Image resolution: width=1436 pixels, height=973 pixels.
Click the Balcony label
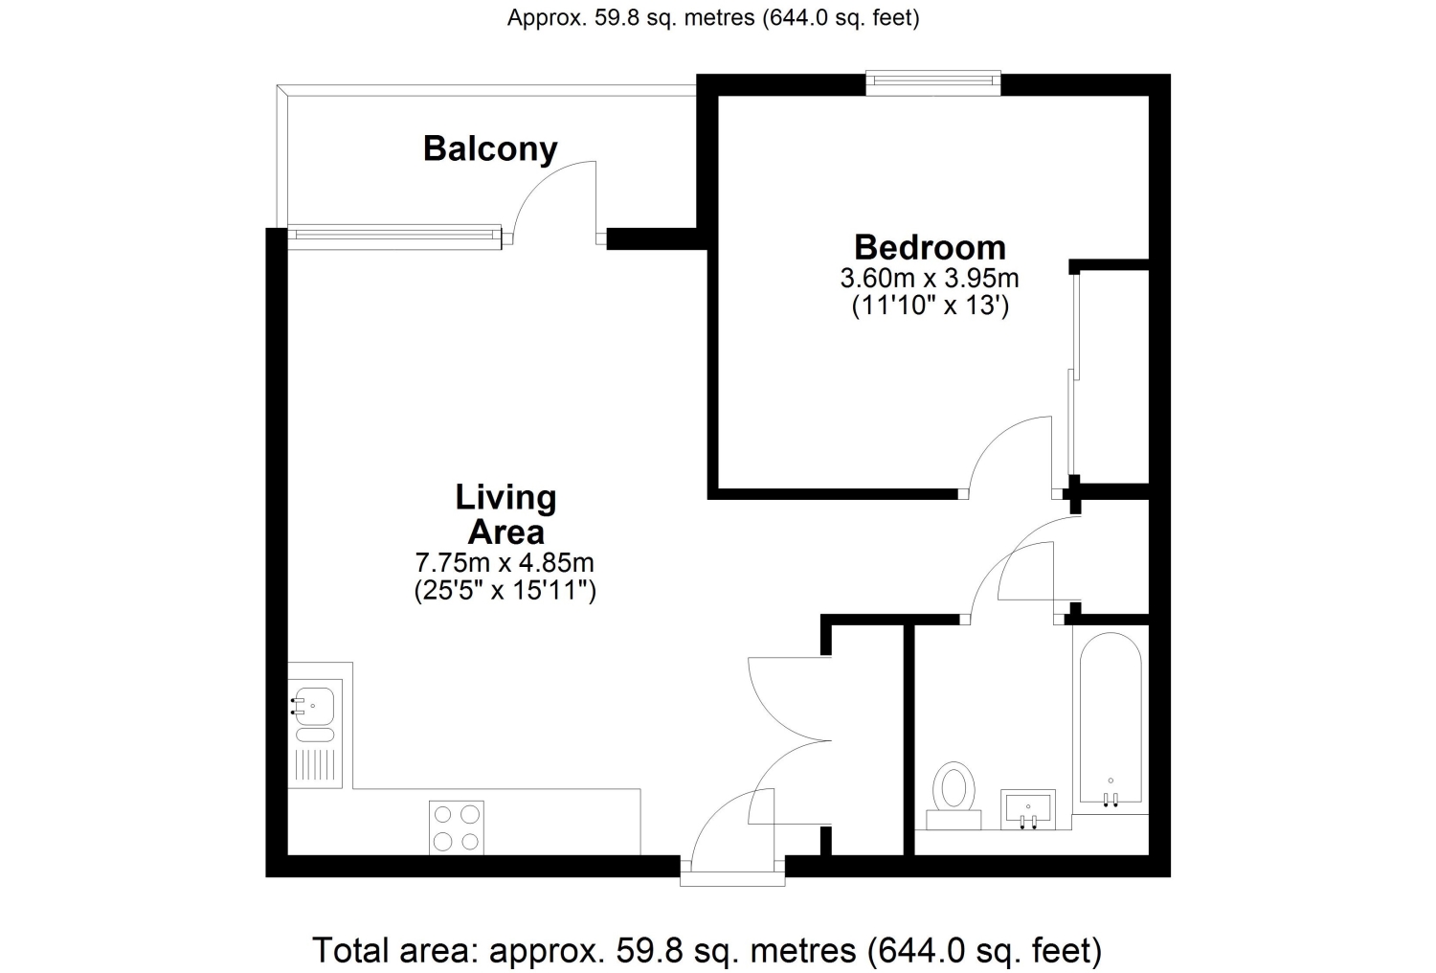(x=490, y=149)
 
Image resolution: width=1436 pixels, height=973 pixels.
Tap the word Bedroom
(x=930, y=248)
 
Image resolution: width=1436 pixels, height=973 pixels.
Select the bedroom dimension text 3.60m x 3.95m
(x=930, y=279)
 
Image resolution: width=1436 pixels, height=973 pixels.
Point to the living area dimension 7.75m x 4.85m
(x=505, y=562)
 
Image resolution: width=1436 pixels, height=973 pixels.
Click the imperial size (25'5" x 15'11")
(x=505, y=590)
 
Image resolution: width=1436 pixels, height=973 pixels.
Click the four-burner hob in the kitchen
(x=457, y=827)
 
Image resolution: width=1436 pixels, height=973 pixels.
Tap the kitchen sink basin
(x=313, y=706)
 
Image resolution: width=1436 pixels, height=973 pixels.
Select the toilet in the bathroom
(x=954, y=795)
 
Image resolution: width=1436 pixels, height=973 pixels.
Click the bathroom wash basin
(x=1028, y=809)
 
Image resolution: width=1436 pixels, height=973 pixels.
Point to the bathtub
(x=1111, y=718)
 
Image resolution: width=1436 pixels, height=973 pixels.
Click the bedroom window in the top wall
(x=933, y=83)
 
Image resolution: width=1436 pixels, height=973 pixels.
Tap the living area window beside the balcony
(x=394, y=237)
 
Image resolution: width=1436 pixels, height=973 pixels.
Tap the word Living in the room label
(x=505, y=498)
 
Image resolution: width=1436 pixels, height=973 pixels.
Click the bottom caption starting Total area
(x=707, y=950)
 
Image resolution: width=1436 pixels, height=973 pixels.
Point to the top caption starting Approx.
(x=713, y=18)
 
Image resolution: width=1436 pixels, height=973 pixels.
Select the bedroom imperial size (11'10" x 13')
(x=931, y=305)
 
